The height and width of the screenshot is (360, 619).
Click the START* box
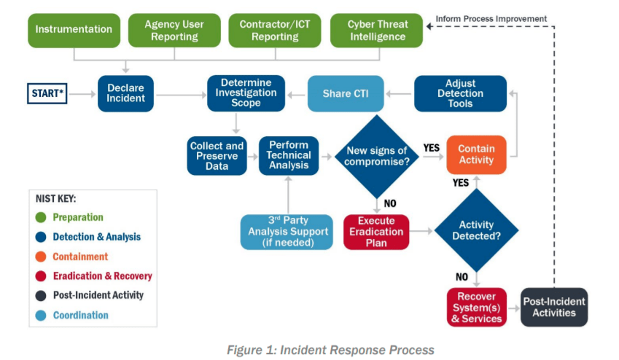click(47, 93)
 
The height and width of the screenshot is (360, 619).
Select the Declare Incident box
click(125, 93)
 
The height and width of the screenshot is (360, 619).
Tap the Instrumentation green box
click(74, 31)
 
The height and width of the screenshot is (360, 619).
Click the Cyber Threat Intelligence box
click(377, 31)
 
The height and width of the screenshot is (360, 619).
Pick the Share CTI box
click(346, 93)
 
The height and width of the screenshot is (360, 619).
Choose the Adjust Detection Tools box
click(460, 93)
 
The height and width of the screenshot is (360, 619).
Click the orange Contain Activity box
click(476, 154)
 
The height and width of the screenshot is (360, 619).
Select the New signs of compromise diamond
click(377, 156)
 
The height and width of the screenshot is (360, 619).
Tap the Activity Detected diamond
click(477, 230)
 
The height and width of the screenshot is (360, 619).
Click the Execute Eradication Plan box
click(376, 232)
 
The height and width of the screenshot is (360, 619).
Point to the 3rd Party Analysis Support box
click(287, 232)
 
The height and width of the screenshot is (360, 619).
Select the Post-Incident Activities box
click(554, 307)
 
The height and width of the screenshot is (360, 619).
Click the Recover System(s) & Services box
click(477, 307)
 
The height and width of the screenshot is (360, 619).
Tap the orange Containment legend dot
click(41, 257)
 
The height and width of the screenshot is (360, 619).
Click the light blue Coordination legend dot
click(41, 316)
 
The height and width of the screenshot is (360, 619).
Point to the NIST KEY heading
click(55, 198)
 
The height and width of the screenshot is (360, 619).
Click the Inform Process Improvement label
click(491, 18)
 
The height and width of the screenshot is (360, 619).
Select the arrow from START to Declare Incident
click(82, 94)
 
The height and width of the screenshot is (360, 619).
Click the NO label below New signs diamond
click(390, 203)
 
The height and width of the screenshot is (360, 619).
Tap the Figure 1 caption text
click(330, 350)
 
